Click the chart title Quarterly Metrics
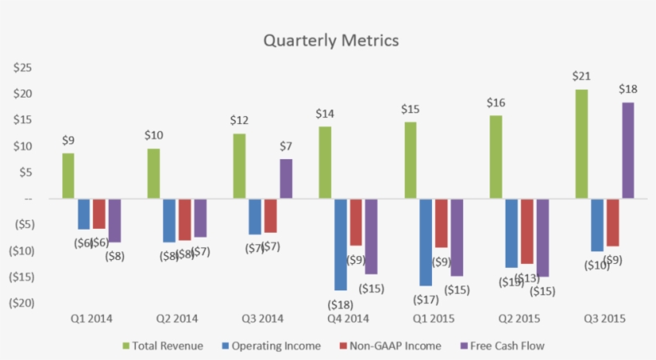(x=330, y=40)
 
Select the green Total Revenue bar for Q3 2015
(x=581, y=144)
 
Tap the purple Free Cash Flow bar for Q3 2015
(x=627, y=150)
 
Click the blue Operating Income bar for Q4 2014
(x=341, y=244)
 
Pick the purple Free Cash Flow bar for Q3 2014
(x=286, y=178)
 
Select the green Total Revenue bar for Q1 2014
(x=69, y=176)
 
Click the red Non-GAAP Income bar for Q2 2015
(x=526, y=231)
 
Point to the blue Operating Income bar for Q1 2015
(x=426, y=242)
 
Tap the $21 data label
(x=581, y=76)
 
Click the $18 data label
(x=627, y=89)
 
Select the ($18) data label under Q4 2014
(x=339, y=304)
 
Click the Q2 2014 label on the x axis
(x=176, y=318)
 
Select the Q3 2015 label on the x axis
(x=604, y=318)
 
